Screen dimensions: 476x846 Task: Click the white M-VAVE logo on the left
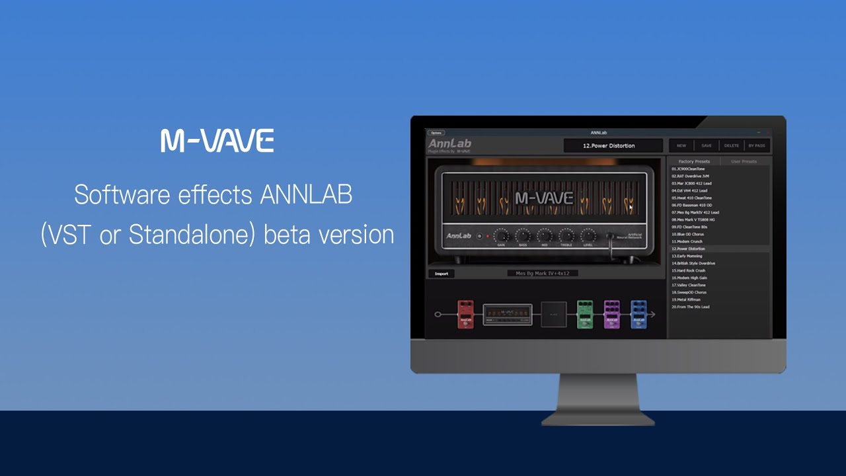point(217,141)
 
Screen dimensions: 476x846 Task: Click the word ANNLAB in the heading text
point(306,195)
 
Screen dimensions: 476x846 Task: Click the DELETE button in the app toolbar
point(732,145)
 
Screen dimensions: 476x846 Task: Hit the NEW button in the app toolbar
point(681,145)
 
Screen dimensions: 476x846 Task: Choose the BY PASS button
point(757,145)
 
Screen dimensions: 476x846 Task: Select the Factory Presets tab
point(694,161)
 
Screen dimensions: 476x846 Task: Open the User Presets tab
point(744,161)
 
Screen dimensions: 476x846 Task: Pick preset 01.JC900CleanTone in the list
point(688,169)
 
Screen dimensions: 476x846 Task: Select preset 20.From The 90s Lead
point(691,307)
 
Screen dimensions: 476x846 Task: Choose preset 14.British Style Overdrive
point(693,263)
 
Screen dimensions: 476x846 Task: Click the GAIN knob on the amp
point(501,235)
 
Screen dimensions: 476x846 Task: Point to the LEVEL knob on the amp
point(588,235)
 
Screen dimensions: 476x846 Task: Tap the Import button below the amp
point(441,273)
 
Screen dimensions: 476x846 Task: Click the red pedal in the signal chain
point(466,314)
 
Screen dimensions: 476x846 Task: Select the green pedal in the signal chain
point(585,314)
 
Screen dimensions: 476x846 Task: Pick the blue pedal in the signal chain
point(638,314)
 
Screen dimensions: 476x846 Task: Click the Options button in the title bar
point(436,133)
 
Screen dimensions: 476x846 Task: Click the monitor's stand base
point(598,418)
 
